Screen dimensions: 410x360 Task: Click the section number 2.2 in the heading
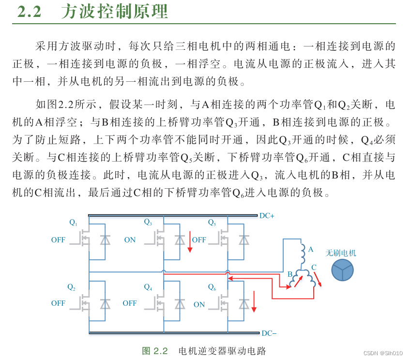30,12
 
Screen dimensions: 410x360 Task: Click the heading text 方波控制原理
114,12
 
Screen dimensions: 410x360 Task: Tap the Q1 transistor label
73,223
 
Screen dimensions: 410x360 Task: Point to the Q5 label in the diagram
212,223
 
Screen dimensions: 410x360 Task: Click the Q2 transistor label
71,287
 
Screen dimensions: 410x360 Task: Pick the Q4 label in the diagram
148,287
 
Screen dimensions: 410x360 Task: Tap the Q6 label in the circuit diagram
212,287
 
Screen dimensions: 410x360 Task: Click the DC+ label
267,216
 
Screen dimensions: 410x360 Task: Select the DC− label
269,333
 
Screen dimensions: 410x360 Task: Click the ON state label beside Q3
130,240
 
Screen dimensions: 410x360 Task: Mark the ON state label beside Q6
199,304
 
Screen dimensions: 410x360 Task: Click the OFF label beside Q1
58,240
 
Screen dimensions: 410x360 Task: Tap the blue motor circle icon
342,270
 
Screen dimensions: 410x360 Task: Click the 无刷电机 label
341,253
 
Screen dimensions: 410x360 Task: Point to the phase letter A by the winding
311,250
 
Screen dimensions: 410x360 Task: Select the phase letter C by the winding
314,267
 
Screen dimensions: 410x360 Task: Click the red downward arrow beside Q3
190,242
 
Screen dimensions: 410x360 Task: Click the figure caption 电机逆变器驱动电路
222,351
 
